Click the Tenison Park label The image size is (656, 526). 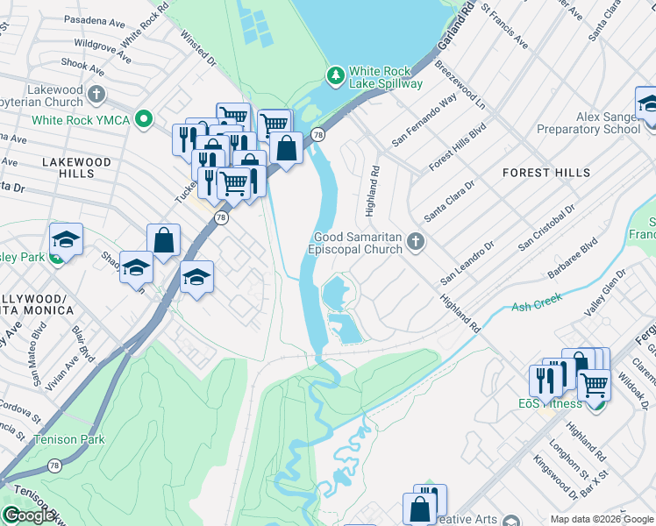pyautogui.click(x=68, y=439)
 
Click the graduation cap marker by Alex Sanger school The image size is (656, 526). pyautogui.click(x=647, y=104)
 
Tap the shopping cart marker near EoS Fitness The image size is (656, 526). pyautogui.click(x=595, y=384)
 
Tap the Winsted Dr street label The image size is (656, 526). pyautogui.click(x=197, y=50)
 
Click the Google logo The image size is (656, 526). pyautogui.click(x=29, y=516)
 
